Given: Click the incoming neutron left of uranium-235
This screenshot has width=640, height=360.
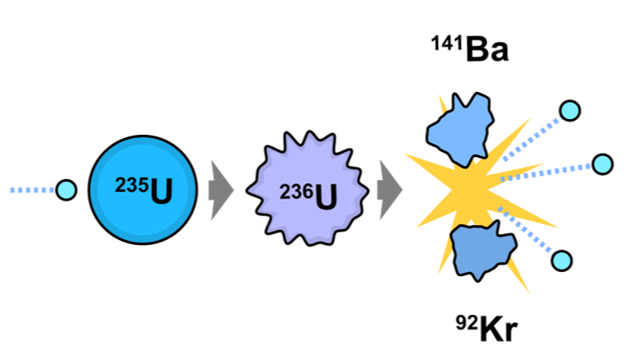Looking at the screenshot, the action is (66, 191).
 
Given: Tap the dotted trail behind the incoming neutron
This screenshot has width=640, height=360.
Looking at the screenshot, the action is (31, 191).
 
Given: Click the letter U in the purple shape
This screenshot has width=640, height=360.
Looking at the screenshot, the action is (326, 197).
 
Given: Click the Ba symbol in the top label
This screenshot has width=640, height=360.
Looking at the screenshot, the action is (487, 50).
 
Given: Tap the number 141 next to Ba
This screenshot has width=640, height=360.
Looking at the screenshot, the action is (447, 43).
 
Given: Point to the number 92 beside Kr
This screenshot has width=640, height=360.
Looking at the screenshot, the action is (467, 320).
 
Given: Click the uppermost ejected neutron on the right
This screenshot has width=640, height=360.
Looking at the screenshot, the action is (569, 110).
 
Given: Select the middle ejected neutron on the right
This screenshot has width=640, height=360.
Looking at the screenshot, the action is (602, 164).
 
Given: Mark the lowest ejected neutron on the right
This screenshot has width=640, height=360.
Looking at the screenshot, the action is (562, 261).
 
